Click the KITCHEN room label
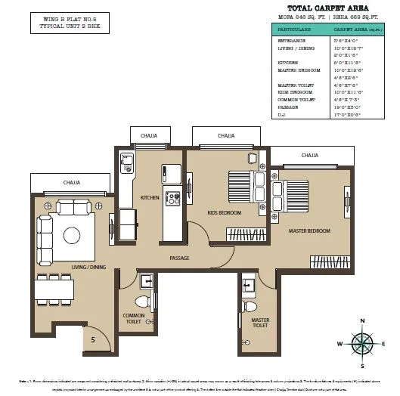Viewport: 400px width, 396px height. [x=149, y=198]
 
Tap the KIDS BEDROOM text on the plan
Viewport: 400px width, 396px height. [x=224, y=213]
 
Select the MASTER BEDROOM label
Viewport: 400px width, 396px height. [x=310, y=230]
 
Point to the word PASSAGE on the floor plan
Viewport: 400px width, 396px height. [x=179, y=258]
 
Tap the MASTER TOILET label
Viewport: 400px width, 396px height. [x=260, y=323]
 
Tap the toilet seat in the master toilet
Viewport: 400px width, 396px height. [x=250, y=306]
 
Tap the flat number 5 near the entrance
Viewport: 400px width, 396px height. [x=93, y=339]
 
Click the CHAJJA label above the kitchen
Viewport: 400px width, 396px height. [x=149, y=136]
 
